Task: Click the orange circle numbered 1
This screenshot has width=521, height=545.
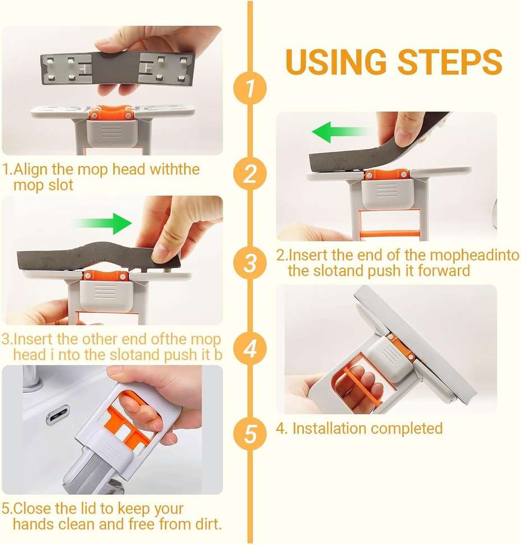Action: point(251,88)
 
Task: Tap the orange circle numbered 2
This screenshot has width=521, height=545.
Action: point(251,174)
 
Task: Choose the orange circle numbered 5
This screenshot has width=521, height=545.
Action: point(251,434)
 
